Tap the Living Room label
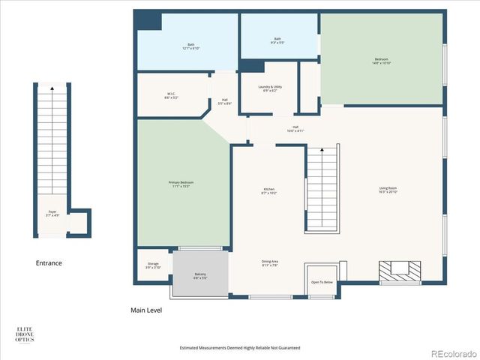point(388,190)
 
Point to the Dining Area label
point(270,262)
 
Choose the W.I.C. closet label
point(171,96)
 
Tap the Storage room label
point(153,265)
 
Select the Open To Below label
point(322,282)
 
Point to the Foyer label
point(52,214)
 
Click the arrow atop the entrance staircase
point(52,88)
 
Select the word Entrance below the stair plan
point(49,263)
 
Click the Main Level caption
point(146,310)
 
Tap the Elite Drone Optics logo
point(25,334)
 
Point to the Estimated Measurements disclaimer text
point(240,348)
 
